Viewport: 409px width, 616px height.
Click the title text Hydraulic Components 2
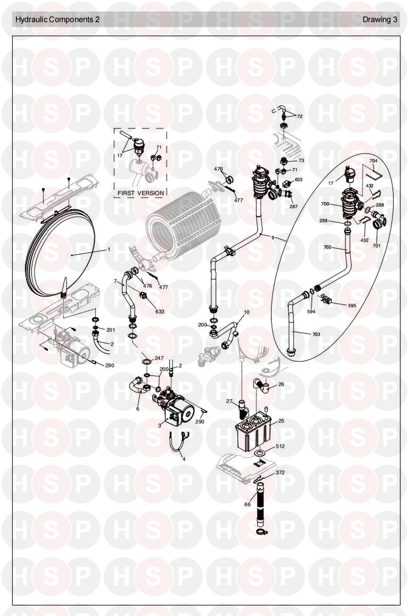click(x=58, y=20)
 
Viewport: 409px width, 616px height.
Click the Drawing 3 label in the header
click(x=379, y=20)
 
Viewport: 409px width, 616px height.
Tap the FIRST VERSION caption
click(x=141, y=193)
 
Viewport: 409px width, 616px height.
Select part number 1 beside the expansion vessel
click(x=108, y=250)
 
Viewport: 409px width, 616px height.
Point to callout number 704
click(x=373, y=161)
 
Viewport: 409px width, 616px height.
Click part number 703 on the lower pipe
click(x=316, y=334)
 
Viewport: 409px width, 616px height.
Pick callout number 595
click(x=352, y=305)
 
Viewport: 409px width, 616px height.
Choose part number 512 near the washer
click(x=280, y=446)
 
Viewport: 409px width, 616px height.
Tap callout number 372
click(x=280, y=472)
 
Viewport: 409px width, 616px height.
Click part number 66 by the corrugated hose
click(x=247, y=504)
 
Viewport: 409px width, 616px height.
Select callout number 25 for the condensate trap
click(x=281, y=421)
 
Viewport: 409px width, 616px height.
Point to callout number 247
click(x=159, y=358)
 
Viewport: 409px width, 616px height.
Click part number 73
click(x=301, y=160)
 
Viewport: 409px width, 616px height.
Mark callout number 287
click(x=294, y=206)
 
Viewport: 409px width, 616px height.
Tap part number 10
click(x=246, y=312)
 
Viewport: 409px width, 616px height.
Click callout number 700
click(x=325, y=204)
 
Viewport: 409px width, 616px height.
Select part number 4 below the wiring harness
click(x=184, y=459)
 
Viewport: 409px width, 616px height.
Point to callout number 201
click(x=111, y=330)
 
